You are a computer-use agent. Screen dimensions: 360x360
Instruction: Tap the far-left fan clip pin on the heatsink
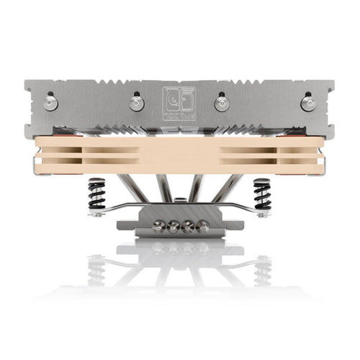(50, 103)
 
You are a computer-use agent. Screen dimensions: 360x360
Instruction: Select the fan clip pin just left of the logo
(137, 103)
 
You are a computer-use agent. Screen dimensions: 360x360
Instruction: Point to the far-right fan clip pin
(308, 103)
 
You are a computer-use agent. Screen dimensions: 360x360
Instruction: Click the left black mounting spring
(96, 194)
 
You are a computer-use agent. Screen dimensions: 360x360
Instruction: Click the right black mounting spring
(262, 194)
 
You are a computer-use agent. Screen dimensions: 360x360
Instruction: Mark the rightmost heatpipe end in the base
(199, 224)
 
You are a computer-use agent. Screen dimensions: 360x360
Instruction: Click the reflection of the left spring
(96, 269)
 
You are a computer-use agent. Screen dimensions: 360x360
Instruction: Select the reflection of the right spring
(262, 269)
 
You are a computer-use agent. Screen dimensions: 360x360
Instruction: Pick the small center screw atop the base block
(179, 210)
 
